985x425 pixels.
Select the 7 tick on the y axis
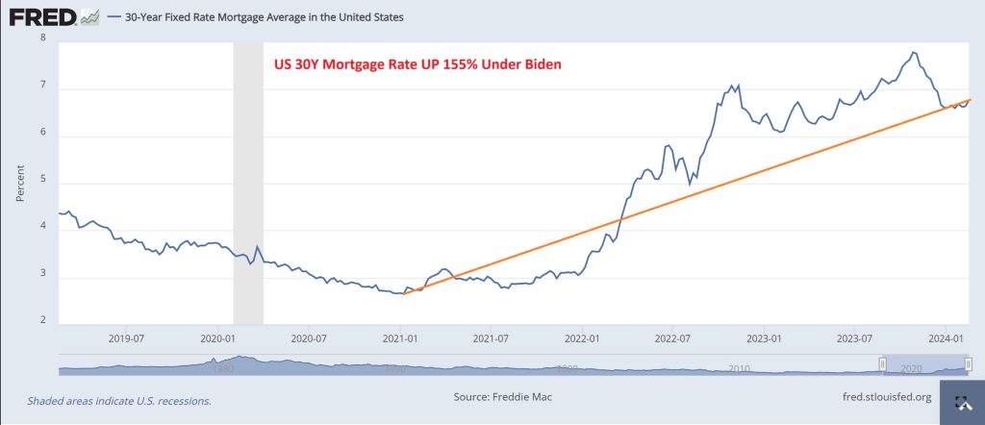pos(42,89)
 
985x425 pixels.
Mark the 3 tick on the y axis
pos(42,278)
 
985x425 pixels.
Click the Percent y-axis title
pos(20,181)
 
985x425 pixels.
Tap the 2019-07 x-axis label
pos(127,337)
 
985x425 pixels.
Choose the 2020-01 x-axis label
pos(219,337)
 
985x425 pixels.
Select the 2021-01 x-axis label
pos(400,337)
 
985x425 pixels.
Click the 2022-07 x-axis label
pos(673,337)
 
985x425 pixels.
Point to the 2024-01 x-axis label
pos(947,337)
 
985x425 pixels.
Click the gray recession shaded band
pos(247,183)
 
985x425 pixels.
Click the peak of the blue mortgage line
pos(913,52)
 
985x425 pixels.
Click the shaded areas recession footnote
pos(118,400)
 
